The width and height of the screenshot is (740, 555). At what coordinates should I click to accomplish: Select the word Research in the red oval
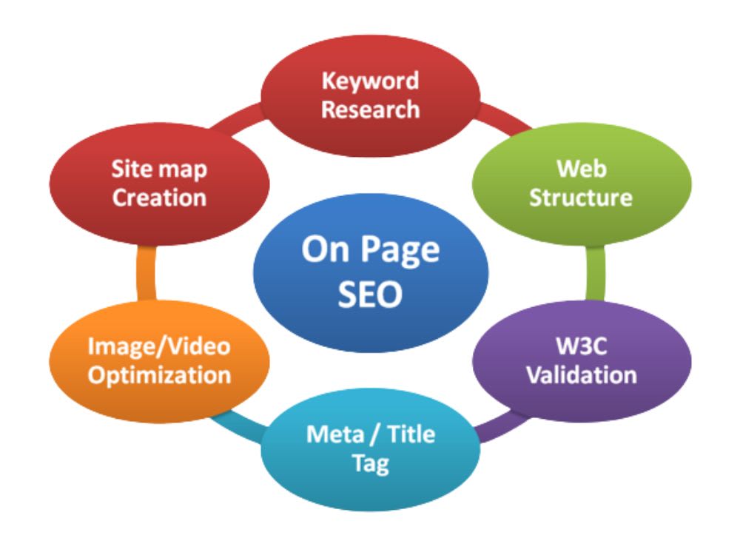pos(371,110)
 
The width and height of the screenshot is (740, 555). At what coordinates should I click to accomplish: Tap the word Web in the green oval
pos(582,169)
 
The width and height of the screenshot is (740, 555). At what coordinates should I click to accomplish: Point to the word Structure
pos(581,198)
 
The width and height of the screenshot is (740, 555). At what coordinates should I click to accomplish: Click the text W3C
pos(582,346)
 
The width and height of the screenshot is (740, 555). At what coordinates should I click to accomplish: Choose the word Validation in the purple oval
pos(582,375)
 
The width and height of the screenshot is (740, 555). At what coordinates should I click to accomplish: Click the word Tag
pos(371,465)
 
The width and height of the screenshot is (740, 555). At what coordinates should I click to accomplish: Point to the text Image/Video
pos(159,347)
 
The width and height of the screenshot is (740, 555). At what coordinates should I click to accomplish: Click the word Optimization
pos(159,376)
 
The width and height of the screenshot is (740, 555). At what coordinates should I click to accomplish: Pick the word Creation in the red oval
pos(160,198)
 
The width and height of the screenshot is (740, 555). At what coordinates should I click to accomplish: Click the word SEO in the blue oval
pos(371,294)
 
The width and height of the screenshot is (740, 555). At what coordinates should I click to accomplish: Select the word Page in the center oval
pos(400,250)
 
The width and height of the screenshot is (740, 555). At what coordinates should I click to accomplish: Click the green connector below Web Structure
pos(595,273)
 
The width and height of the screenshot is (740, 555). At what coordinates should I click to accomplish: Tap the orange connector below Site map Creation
pos(147,273)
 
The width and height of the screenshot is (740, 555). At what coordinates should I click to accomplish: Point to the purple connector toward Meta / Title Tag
pos(500,426)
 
